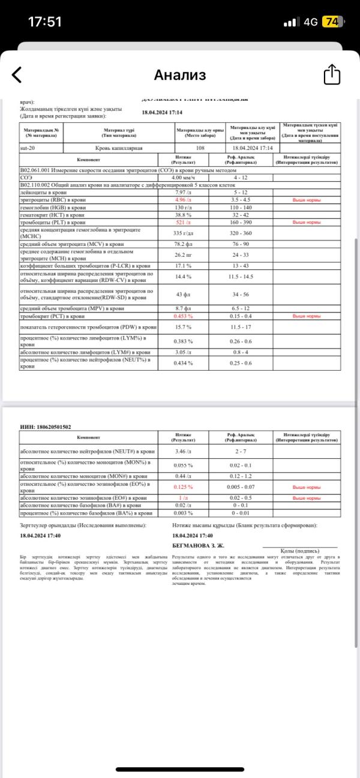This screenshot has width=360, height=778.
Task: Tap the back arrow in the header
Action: tap(17, 75)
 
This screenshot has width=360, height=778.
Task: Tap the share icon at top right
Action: tap(332, 75)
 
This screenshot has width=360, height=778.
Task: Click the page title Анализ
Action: tap(180, 75)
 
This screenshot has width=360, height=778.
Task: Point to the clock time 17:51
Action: tap(45, 22)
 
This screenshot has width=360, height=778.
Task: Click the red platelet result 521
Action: tap(182, 222)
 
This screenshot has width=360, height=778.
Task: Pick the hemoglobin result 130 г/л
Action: tap(182, 207)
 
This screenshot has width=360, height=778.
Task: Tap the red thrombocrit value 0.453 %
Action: tap(182, 316)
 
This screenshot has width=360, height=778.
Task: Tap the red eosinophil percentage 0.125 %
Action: tap(182, 486)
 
